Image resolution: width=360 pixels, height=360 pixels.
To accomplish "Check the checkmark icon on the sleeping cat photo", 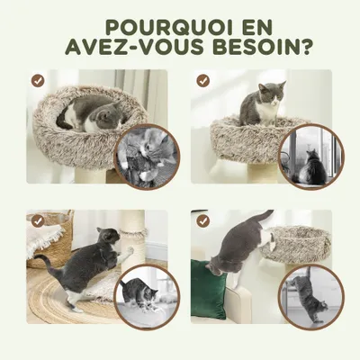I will (x=38, y=80).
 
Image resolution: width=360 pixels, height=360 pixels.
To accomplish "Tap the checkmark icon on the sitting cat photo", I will (x=203, y=80).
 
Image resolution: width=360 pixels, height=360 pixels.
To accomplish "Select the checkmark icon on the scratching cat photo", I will (x=38, y=220).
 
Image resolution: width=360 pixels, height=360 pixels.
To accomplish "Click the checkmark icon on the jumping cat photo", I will (x=203, y=220).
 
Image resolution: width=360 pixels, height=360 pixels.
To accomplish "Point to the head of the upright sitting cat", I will (x=272, y=92).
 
